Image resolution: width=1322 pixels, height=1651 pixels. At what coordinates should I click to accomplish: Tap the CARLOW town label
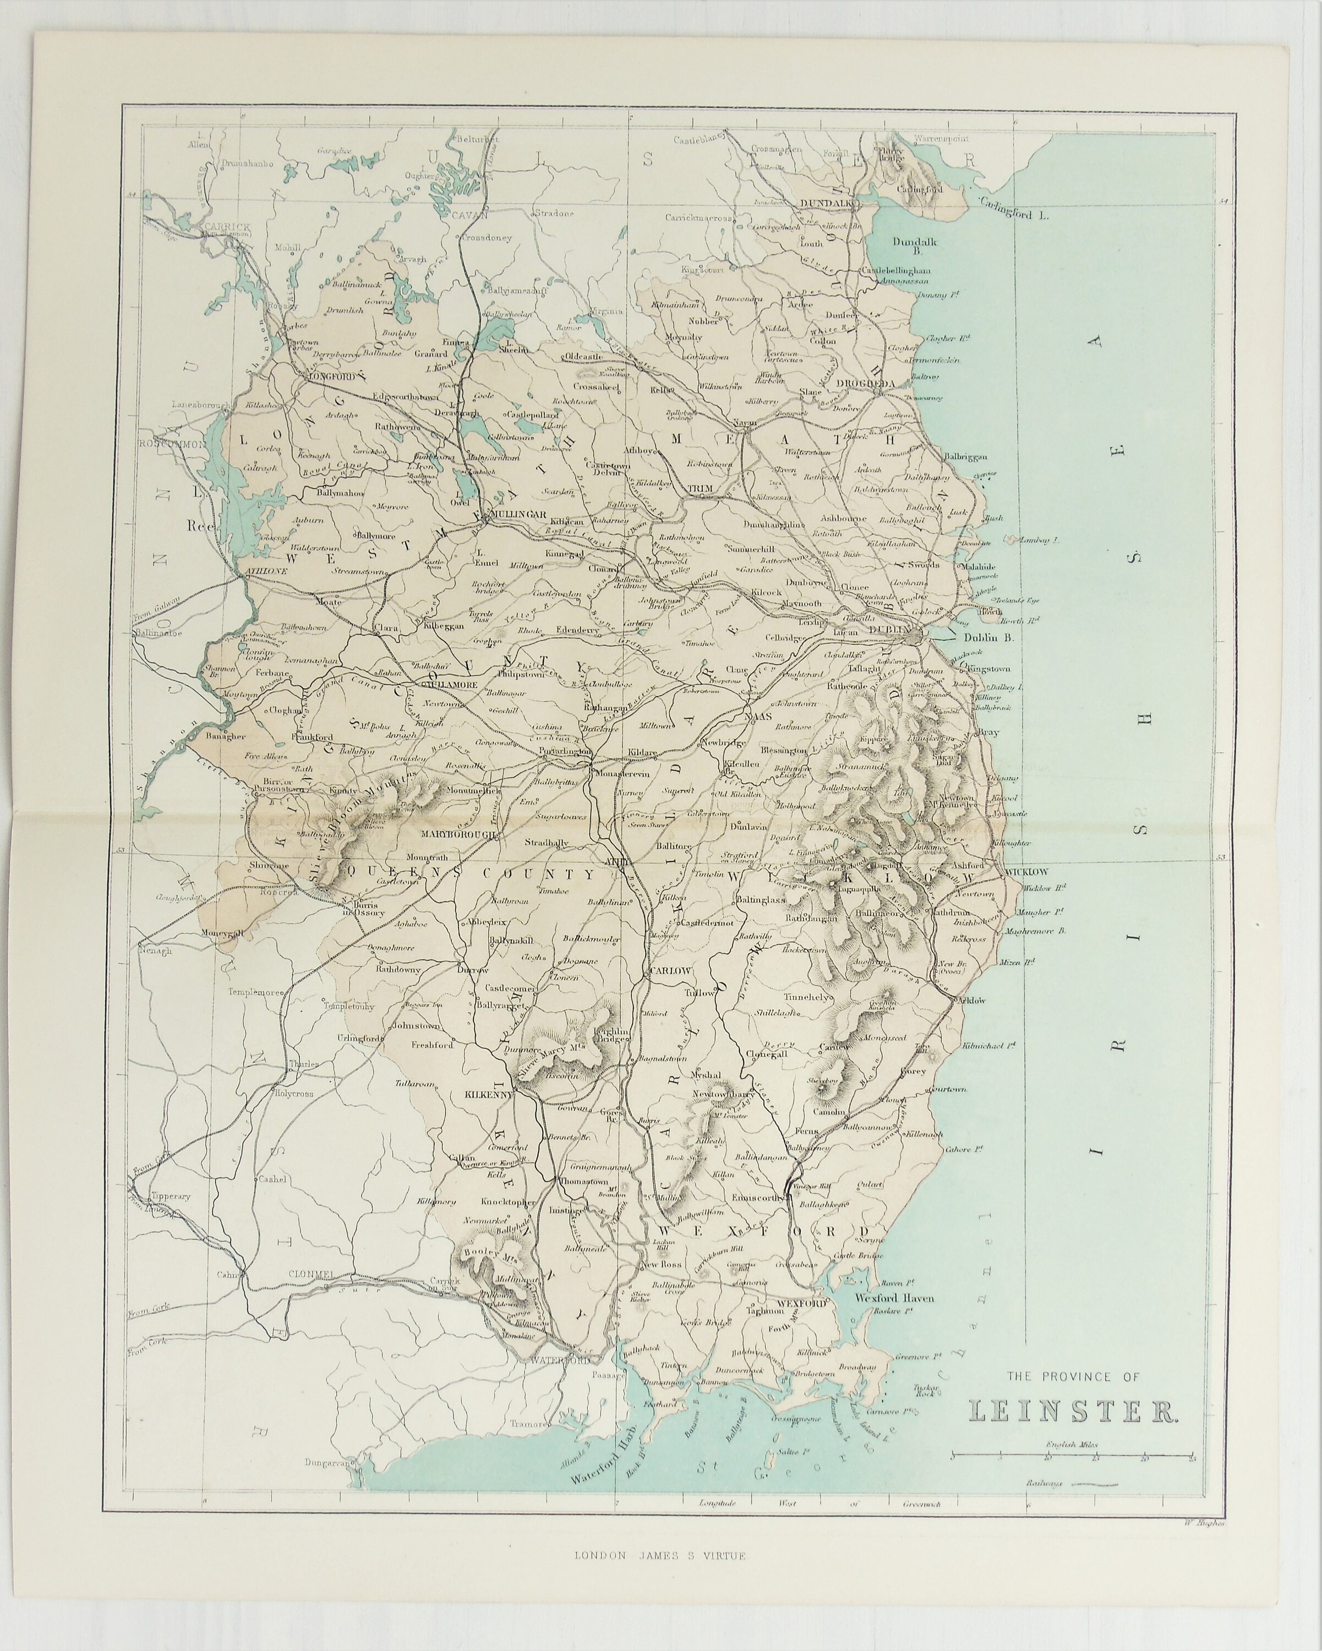point(670,970)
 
